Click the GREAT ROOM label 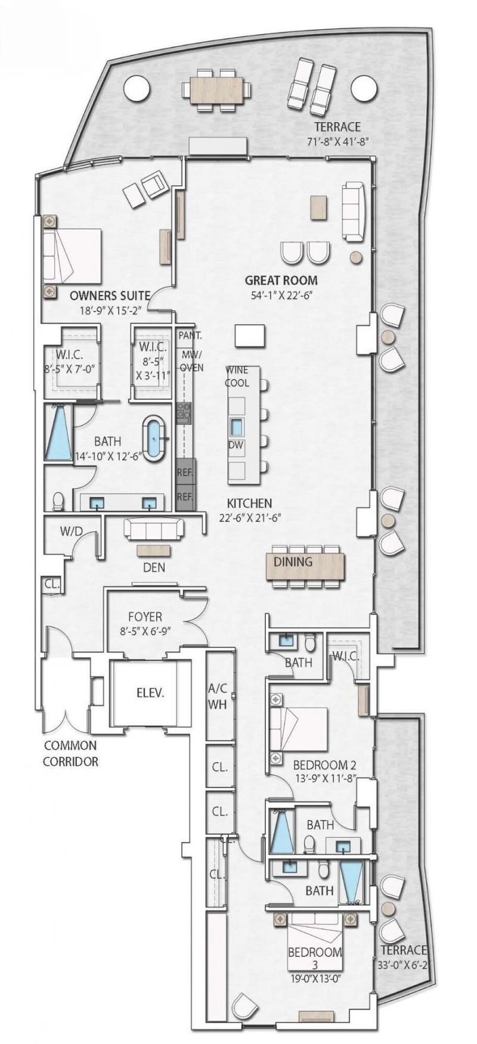281,280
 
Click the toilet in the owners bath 58,501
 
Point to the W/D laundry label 71,531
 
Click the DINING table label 293,561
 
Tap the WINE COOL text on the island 237,377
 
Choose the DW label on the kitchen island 236,445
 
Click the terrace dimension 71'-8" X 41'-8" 337,142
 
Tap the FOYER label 145,617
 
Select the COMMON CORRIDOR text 70,753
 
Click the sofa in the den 153,528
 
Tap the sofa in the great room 353,212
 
